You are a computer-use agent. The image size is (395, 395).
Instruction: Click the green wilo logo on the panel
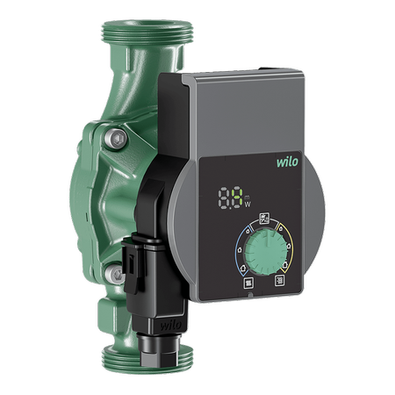(287, 162)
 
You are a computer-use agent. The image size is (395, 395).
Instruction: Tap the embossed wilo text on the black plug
(170, 325)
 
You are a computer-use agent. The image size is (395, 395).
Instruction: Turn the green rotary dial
(266, 252)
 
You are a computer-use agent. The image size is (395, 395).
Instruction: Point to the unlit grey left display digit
(225, 198)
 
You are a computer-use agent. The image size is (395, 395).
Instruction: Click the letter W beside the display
(248, 205)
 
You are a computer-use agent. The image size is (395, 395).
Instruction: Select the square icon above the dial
(264, 219)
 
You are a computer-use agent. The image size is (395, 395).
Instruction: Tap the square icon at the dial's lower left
(248, 283)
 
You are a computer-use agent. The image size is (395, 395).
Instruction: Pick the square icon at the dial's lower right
(280, 281)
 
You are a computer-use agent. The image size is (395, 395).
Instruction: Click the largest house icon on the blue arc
(243, 268)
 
